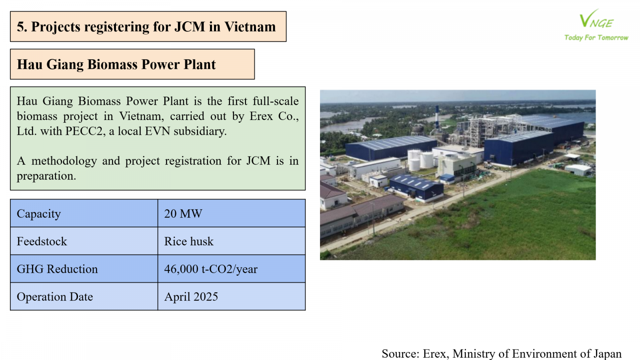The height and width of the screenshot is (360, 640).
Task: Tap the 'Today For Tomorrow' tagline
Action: pos(596,38)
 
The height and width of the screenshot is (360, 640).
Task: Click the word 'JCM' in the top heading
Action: pos(190,26)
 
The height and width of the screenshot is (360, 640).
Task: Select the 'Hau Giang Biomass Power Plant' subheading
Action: pos(116,64)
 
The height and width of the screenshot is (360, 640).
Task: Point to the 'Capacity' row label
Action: pos(39,214)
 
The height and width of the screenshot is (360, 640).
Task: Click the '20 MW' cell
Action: pos(183,214)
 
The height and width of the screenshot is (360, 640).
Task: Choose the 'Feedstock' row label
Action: pos(42,242)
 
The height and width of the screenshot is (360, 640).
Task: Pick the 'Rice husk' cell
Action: pos(189,242)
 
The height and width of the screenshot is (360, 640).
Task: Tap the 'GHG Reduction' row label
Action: pos(57,269)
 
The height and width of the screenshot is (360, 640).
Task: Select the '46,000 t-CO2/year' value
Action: pos(211,269)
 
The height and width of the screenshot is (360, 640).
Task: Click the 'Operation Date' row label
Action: pos(55,297)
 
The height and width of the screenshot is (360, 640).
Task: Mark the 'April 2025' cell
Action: pos(191,297)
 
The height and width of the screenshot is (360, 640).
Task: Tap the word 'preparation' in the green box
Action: pos(46,176)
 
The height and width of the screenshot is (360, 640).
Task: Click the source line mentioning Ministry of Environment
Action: pos(502,354)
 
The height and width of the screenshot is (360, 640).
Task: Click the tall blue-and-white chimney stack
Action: pos(437,118)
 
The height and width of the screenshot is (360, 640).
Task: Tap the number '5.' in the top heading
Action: pos(22,26)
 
